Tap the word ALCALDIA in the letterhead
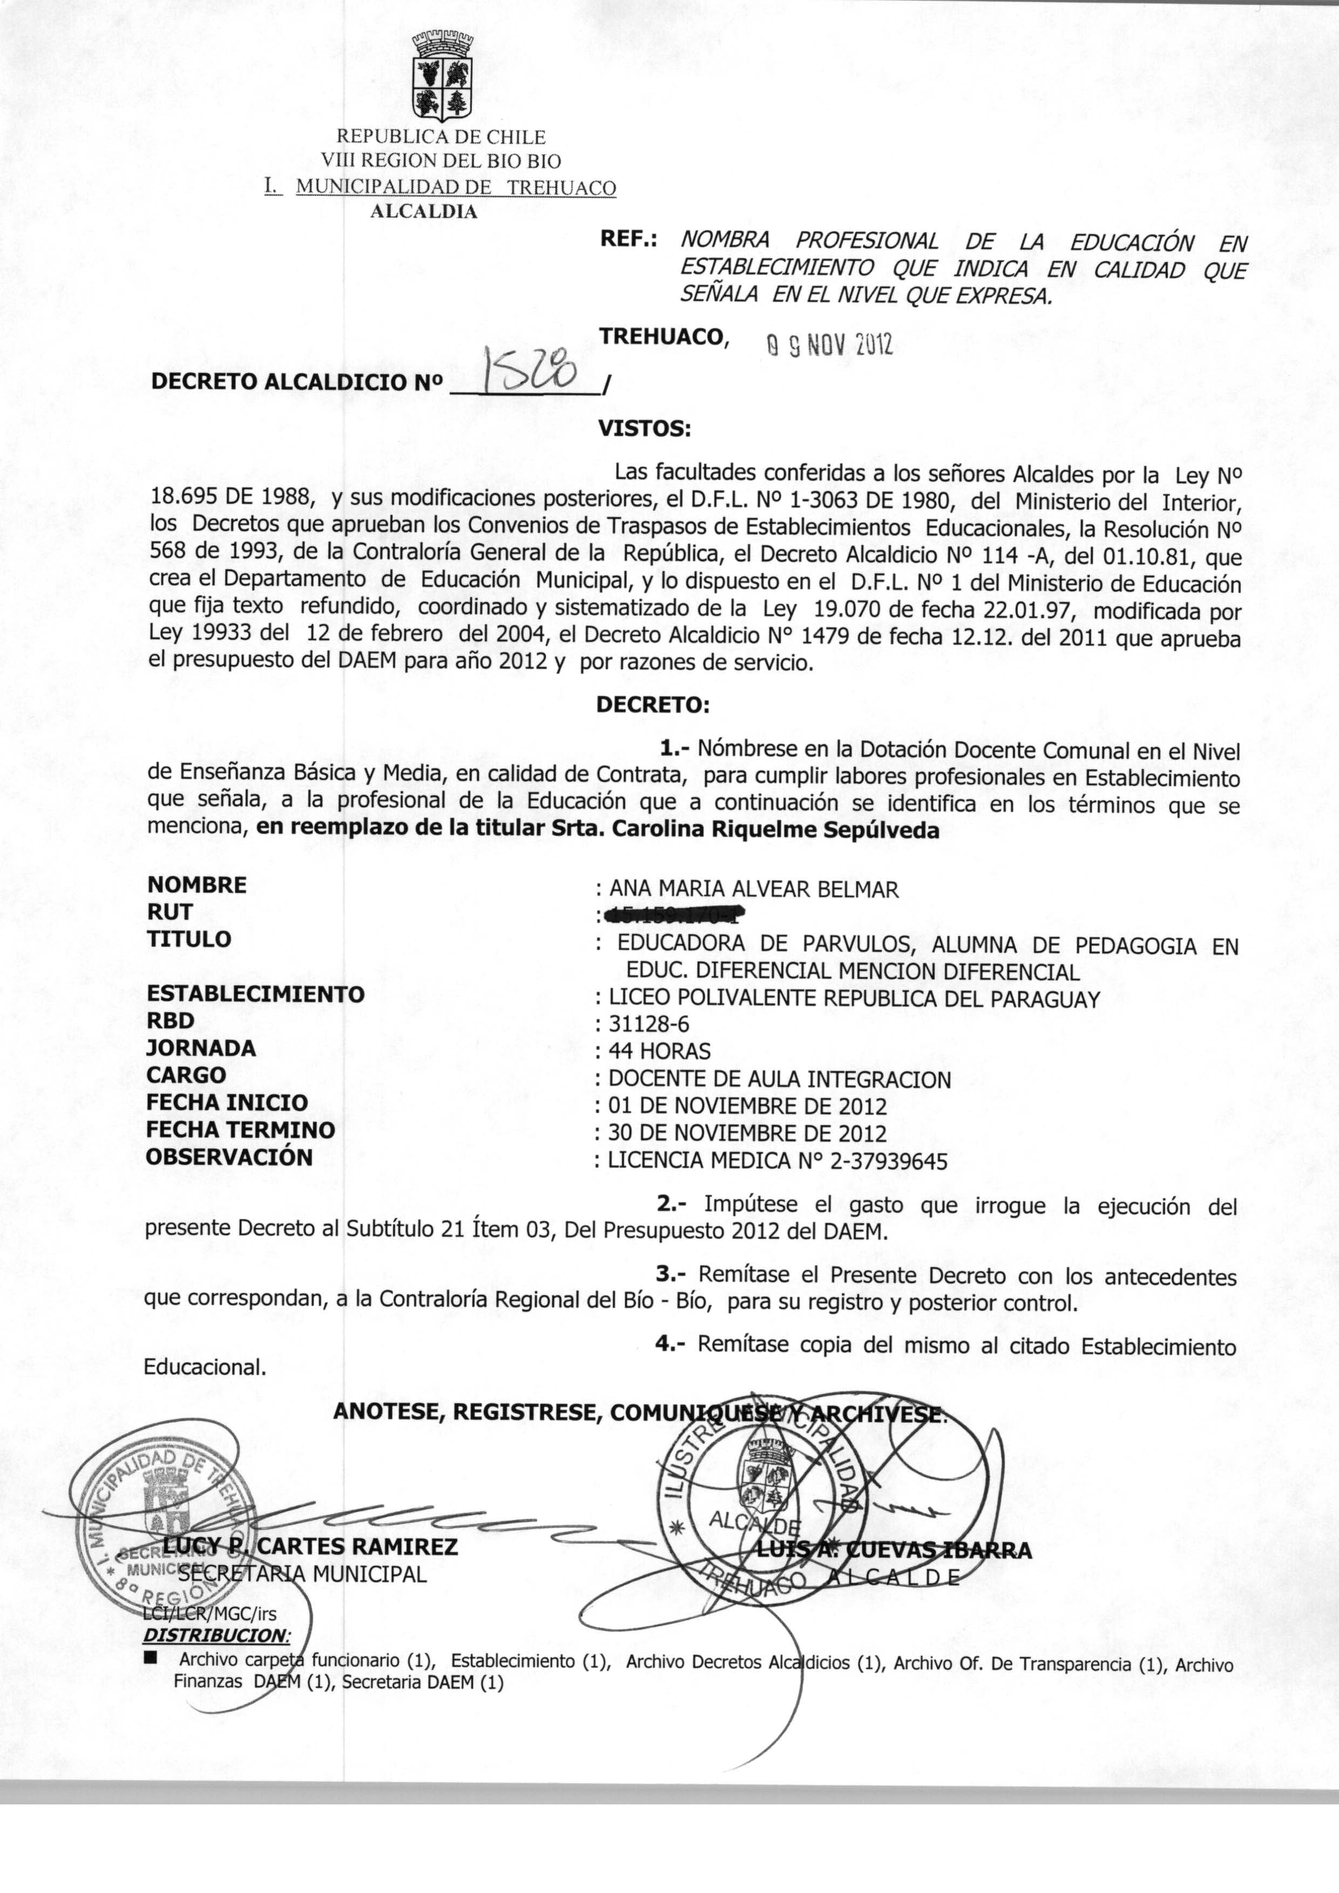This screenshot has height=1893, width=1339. click(x=424, y=211)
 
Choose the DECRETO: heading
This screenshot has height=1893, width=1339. click(x=652, y=705)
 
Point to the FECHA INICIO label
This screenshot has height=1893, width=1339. click(x=227, y=1103)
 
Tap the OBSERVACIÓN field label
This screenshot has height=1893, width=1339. click(x=229, y=1157)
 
